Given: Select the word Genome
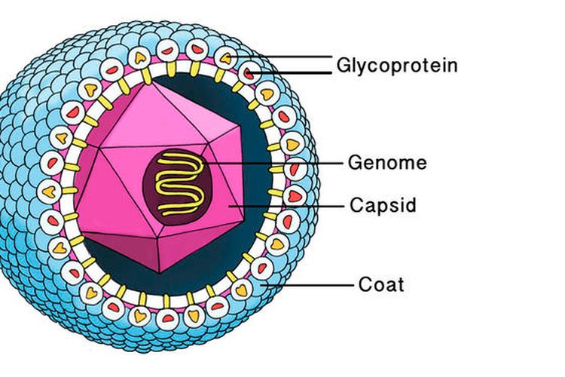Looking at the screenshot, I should [387, 162].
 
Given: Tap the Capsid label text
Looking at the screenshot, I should [383, 204].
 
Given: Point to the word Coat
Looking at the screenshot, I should [380, 284].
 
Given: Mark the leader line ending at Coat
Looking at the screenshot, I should [316, 284].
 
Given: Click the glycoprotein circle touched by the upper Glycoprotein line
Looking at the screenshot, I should [226, 57].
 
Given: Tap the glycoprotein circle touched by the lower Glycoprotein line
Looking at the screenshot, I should [247, 73].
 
